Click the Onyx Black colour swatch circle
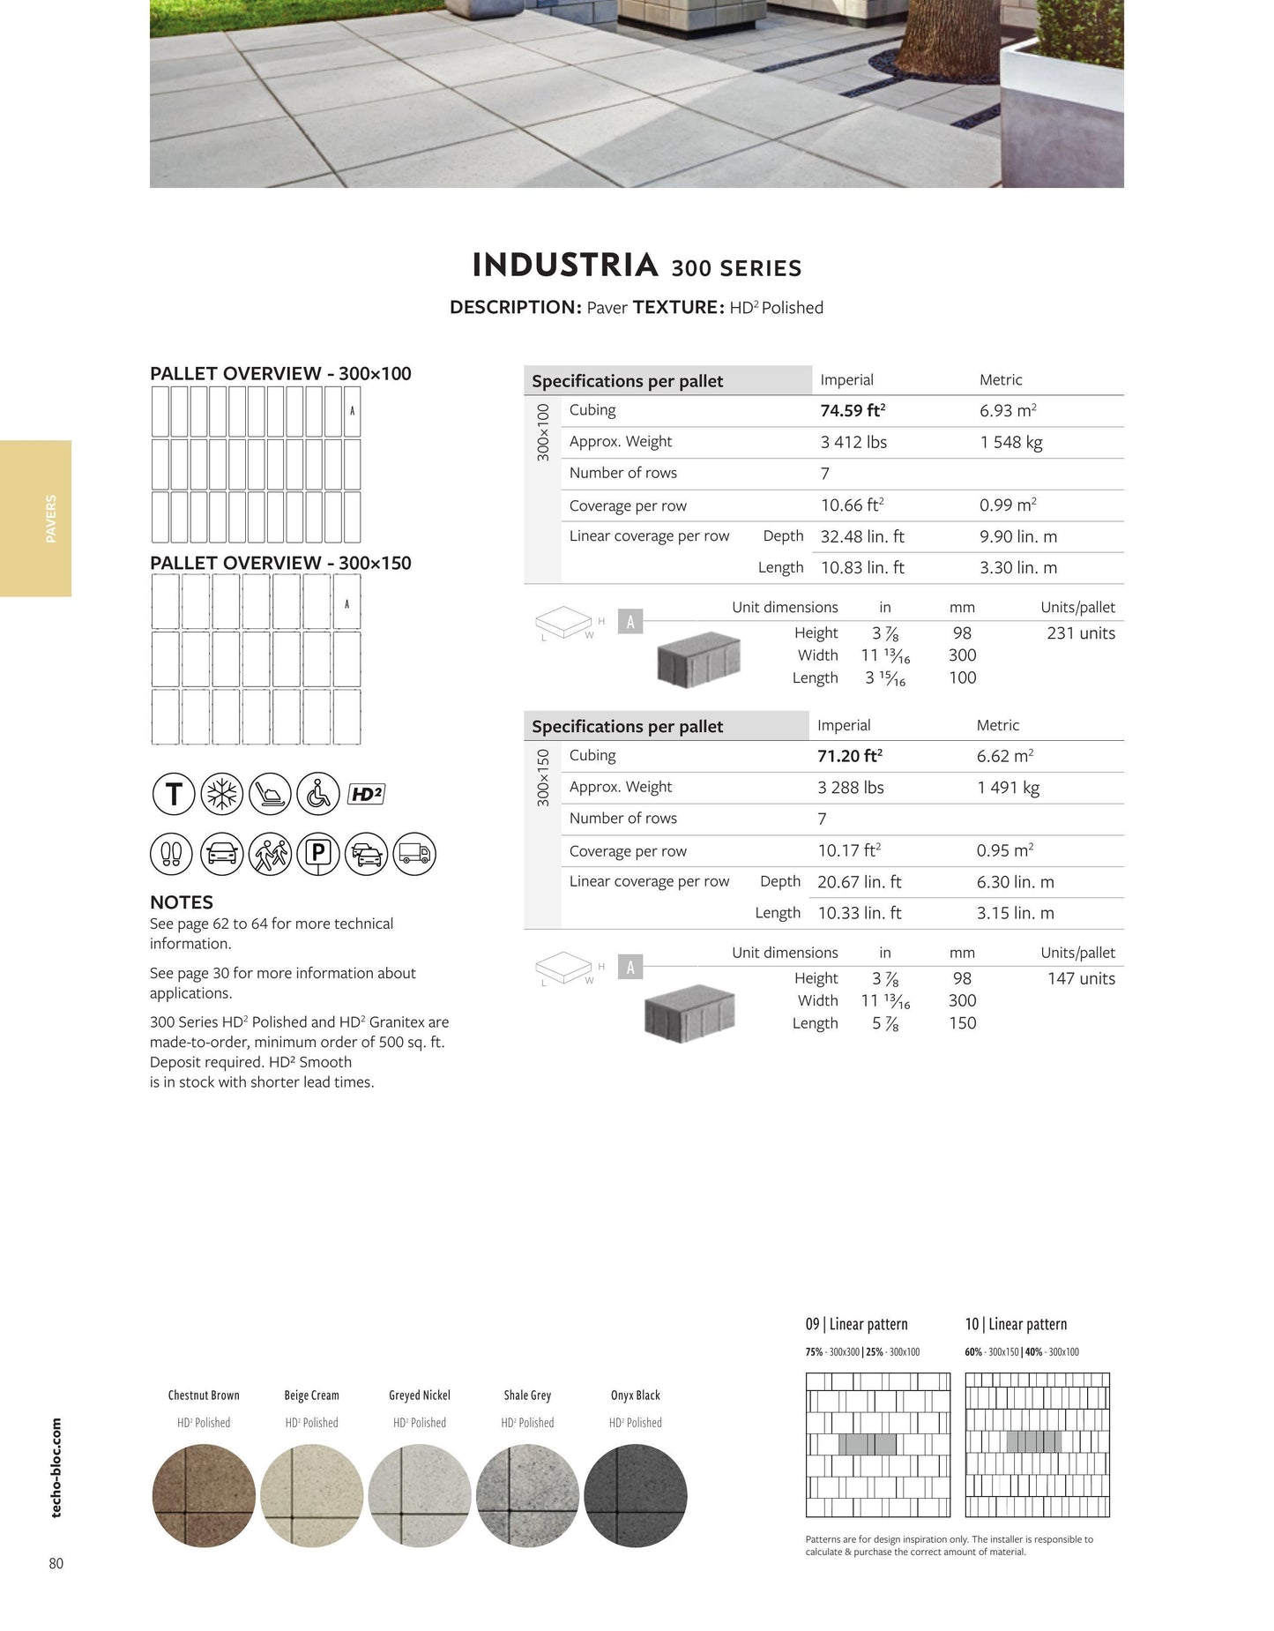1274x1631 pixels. (x=635, y=1495)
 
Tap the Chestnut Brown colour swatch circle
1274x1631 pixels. (x=204, y=1495)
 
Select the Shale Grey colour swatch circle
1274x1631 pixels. (x=527, y=1495)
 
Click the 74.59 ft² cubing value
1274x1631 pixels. (x=853, y=411)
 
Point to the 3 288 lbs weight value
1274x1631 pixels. (x=850, y=788)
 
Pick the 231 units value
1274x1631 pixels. (x=1080, y=633)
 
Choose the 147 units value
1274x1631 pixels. (x=1080, y=978)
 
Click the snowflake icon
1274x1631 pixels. (x=221, y=794)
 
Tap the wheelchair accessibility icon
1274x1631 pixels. (x=317, y=794)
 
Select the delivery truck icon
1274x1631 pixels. (x=413, y=854)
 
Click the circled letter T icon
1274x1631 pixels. (x=174, y=794)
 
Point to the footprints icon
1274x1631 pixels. (x=172, y=854)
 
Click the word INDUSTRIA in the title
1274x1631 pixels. (x=565, y=266)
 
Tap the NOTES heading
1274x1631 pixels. (x=182, y=902)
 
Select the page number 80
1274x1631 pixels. (x=56, y=1563)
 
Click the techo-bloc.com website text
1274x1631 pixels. (x=56, y=1468)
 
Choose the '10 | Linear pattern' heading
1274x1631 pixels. (x=1016, y=1324)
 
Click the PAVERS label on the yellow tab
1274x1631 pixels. (x=50, y=519)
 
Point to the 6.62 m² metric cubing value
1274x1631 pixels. (x=1004, y=756)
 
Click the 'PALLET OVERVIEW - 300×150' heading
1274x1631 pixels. (x=280, y=563)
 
